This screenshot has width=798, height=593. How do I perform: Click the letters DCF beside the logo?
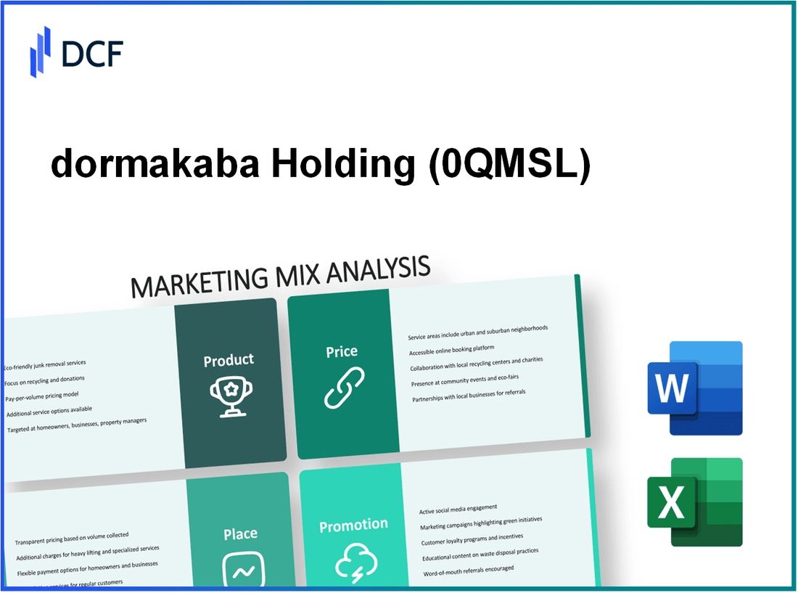point(92,54)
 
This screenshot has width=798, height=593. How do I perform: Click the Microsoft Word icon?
point(694,388)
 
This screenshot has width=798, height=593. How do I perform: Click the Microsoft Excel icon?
point(694,502)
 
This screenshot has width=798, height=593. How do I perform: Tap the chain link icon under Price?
point(343,388)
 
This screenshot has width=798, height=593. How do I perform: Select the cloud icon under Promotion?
point(354,562)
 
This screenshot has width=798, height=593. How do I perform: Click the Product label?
point(229,360)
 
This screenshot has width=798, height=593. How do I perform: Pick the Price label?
point(342,351)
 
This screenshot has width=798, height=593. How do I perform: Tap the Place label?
point(240,534)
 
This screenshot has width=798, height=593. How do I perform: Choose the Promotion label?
point(354,525)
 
